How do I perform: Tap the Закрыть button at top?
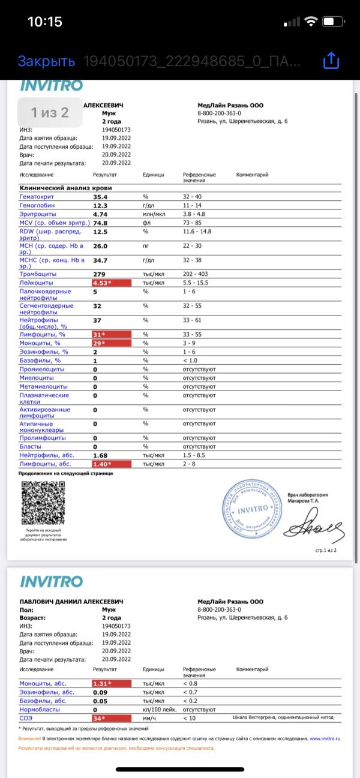pyautogui.click(x=46, y=61)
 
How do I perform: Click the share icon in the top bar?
pyautogui.click(x=331, y=61)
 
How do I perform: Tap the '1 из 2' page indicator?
pyautogui.click(x=50, y=112)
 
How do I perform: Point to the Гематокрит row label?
pyautogui.click(x=37, y=197)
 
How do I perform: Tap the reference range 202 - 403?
pyautogui.click(x=196, y=274)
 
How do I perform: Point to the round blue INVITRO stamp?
pyautogui.click(x=253, y=509)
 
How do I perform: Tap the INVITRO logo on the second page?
pyautogui.click(x=51, y=581)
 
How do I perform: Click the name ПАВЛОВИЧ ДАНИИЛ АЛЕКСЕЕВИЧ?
pyautogui.click(x=71, y=601)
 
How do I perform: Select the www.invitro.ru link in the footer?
pyautogui.click(x=325, y=738)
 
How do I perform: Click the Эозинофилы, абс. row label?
pyautogui.click(x=43, y=692)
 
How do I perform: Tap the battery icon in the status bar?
pyautogui.click(x=332, y=22)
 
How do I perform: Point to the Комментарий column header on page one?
pyautogui.click(x=253, y=175)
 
